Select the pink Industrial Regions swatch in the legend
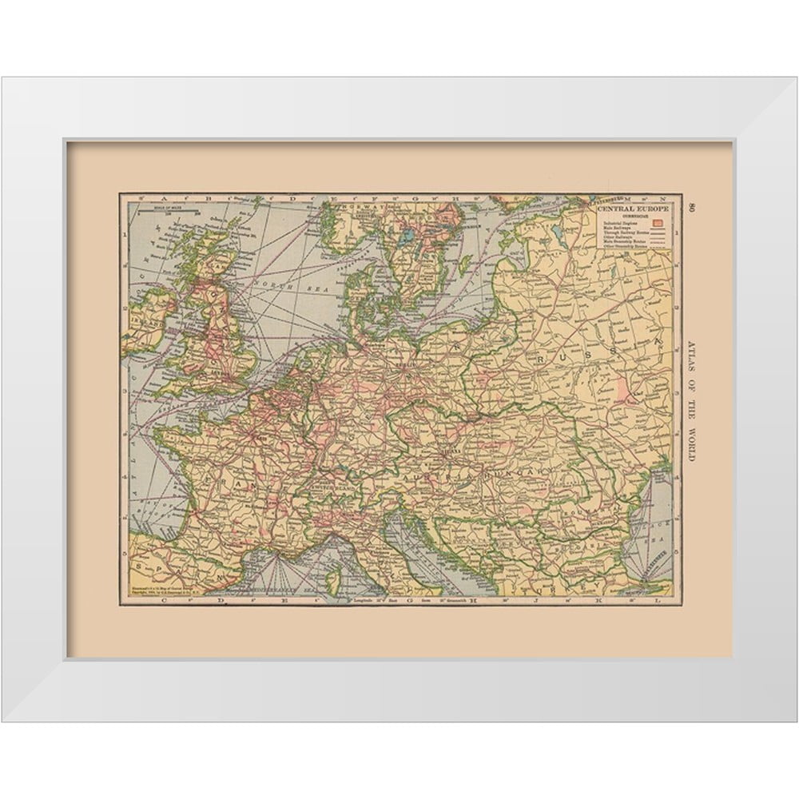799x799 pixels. (659, 222)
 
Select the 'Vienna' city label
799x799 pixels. (442, 454)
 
